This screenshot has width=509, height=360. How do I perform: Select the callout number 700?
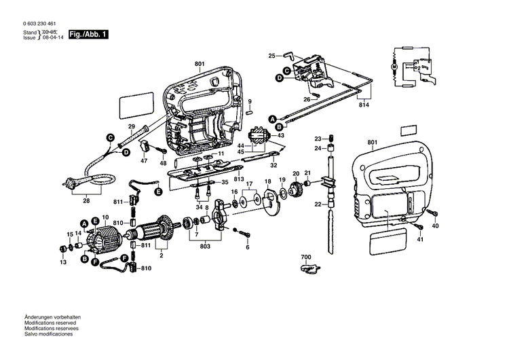[305, 257]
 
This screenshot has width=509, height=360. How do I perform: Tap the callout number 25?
[271, 56]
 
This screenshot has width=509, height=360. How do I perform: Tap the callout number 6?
[248, 247]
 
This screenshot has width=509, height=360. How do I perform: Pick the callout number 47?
[143, 161]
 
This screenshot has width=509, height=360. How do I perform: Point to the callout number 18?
[267, 181]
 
